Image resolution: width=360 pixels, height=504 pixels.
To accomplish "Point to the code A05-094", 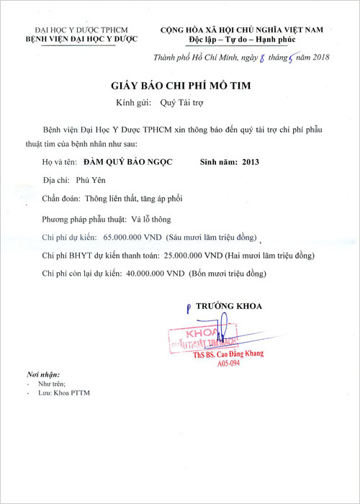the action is click(x=228, y=364).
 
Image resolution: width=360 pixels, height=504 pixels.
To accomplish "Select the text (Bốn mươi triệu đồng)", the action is click(x=227, y=274).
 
